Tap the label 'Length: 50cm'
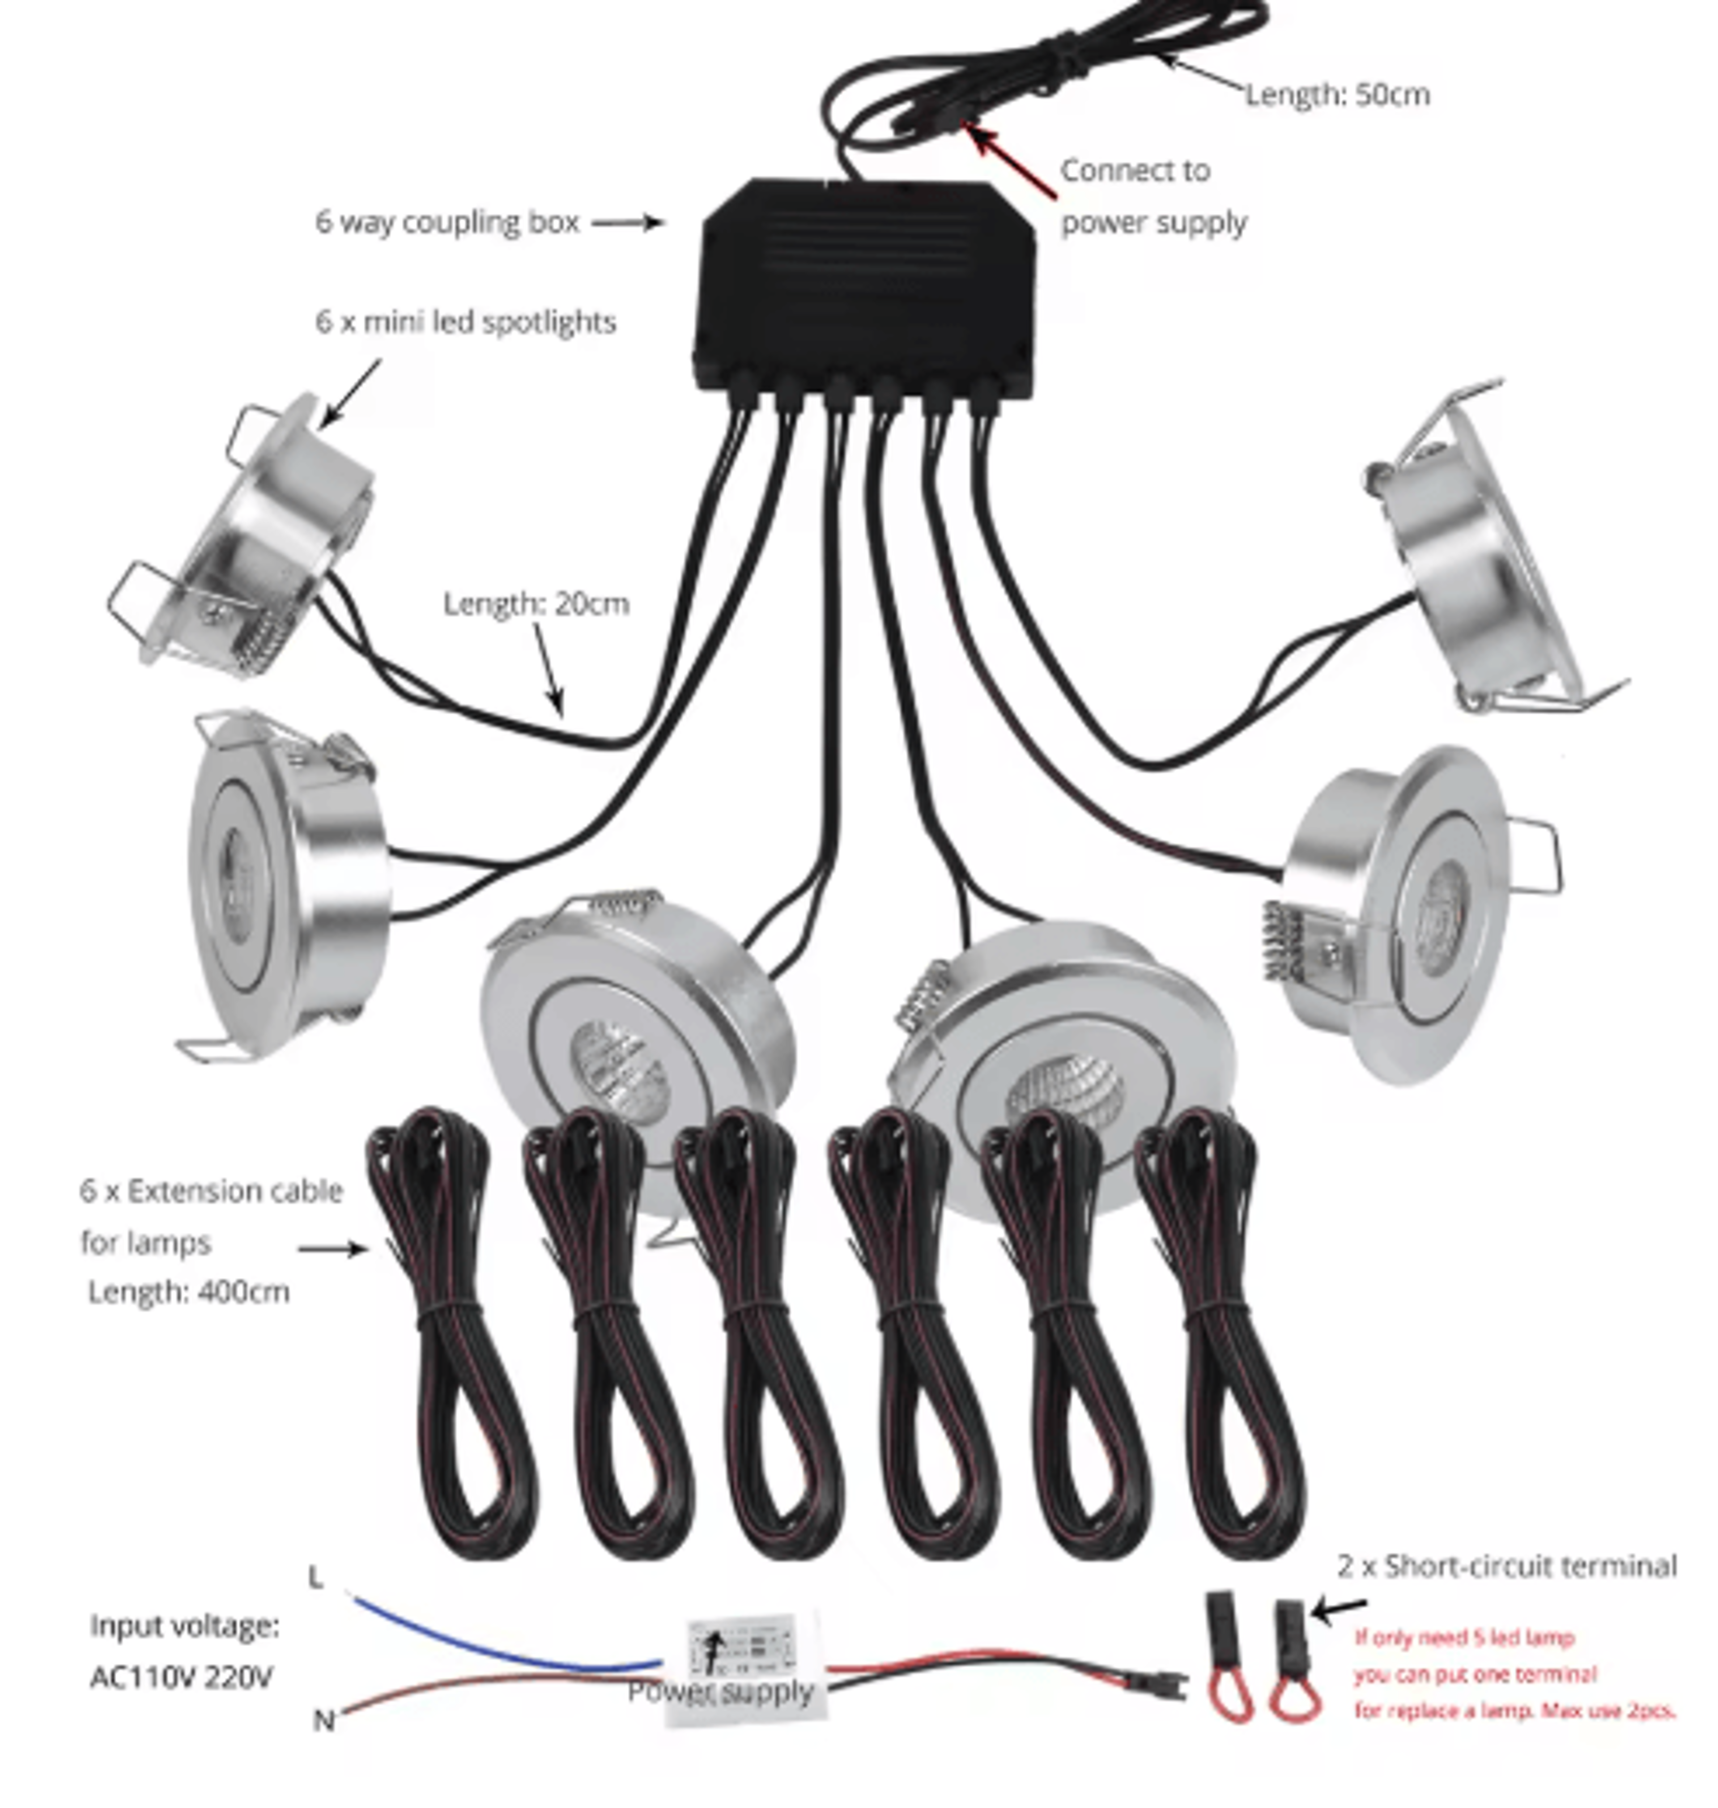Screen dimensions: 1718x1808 pos(1337,94)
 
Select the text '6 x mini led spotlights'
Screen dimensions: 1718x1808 pos(465,322)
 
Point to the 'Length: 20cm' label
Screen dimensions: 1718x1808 pos(536,603)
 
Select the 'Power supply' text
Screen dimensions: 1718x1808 pos(721,1691)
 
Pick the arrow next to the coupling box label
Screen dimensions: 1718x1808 pos(627,221)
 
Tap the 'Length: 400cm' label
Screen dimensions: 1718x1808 pos(189,1292)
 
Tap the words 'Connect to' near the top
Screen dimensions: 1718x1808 pos(1135,170)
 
